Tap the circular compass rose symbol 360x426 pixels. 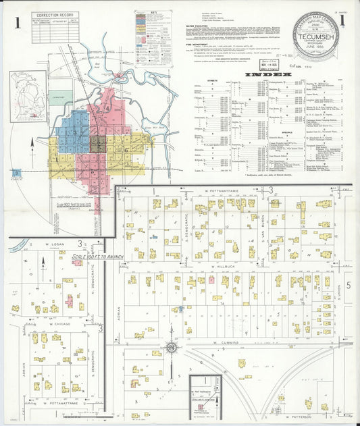(x=172, y=348)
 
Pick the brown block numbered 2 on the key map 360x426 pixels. (x=98, y=143)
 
